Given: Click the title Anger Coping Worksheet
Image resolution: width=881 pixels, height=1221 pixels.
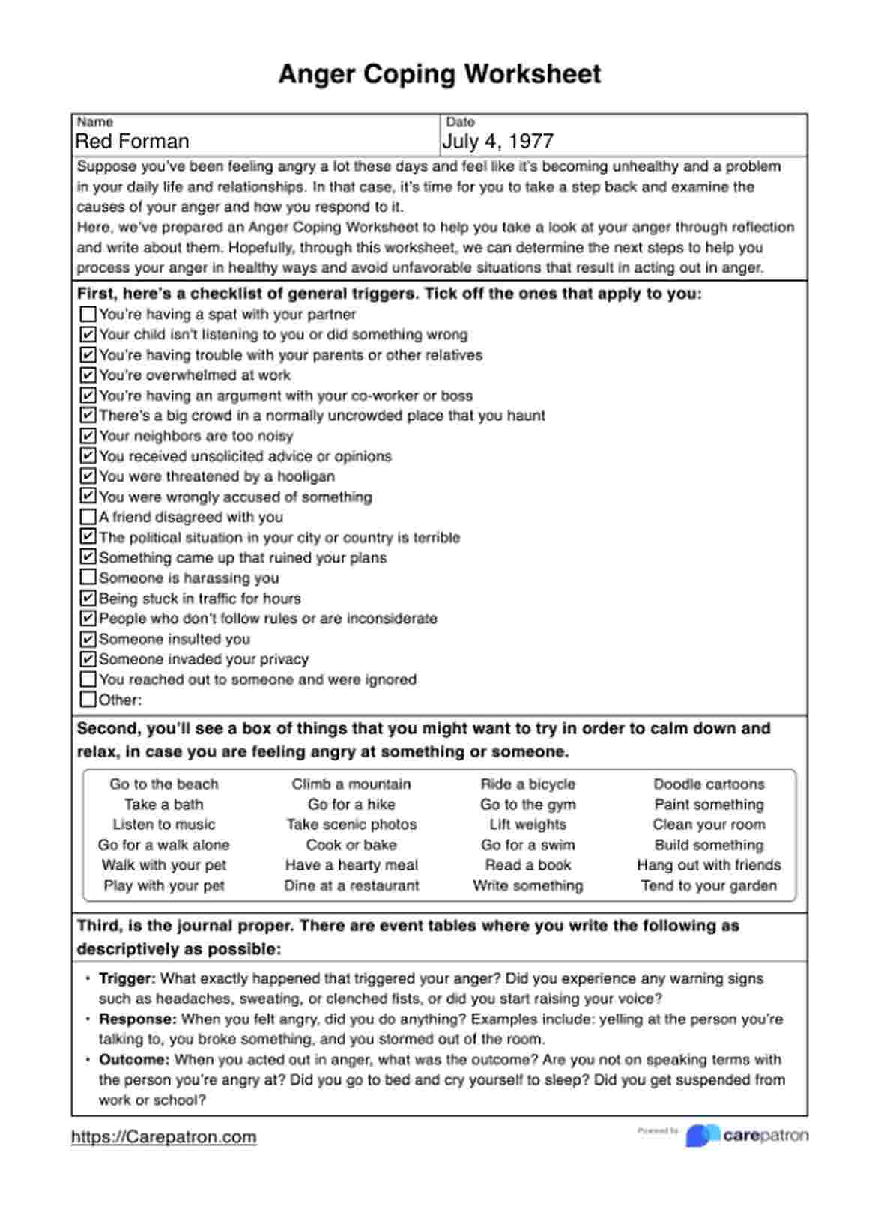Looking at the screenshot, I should pyautogui.click(x=440, y=74).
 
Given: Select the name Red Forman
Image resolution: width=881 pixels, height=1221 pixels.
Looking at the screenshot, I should pyautogui.click(x=132, y=141).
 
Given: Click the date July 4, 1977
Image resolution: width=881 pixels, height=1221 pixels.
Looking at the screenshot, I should pyautogui.click(x=497, y=141).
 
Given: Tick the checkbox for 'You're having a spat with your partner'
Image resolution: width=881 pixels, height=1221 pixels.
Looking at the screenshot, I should pyautogui.click(x=88, y=314).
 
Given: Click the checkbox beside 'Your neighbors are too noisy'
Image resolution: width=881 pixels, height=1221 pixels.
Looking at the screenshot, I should pyautogui.click(x=88, y=436).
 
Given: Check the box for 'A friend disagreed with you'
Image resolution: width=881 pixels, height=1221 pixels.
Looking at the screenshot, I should pyautogui.click(x=88, y=517).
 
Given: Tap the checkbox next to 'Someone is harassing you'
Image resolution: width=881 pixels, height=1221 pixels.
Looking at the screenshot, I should pyautogui.click(x=88, y=578).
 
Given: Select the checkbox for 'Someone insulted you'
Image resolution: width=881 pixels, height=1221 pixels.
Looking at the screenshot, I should pyautogui.click(x=88, y=639).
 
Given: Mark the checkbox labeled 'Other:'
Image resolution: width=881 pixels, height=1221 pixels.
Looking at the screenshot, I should pyautogui.click(x=88, y=700).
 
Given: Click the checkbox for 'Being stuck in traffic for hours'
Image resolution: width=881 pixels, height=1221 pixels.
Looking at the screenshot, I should pyautogui.click(x=88, y=599).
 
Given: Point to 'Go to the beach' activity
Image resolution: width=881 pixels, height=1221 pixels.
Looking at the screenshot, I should pyautogui.click(x=164, y=784).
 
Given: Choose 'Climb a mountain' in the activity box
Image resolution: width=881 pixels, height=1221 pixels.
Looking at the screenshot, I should pyautogui.click(x=351, y=784).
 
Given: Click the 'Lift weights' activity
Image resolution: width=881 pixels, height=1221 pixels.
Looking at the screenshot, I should pyautogui.click(x=528, y=825).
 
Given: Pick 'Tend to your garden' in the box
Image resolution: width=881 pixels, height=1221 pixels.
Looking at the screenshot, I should pyautogui.click(x=709, y=885).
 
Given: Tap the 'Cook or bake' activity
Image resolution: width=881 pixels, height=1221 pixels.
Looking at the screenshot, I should pyautogui.click(x=351, y=845).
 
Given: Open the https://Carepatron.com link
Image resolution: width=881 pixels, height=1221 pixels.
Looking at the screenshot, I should pyautogui.click(x=164, y=1137).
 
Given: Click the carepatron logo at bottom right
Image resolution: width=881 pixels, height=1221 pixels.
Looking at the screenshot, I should pyautogui.click(x=746, y=1136).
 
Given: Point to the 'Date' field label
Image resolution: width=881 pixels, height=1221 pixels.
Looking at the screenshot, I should pyautogui.click(x=461, y=122).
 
